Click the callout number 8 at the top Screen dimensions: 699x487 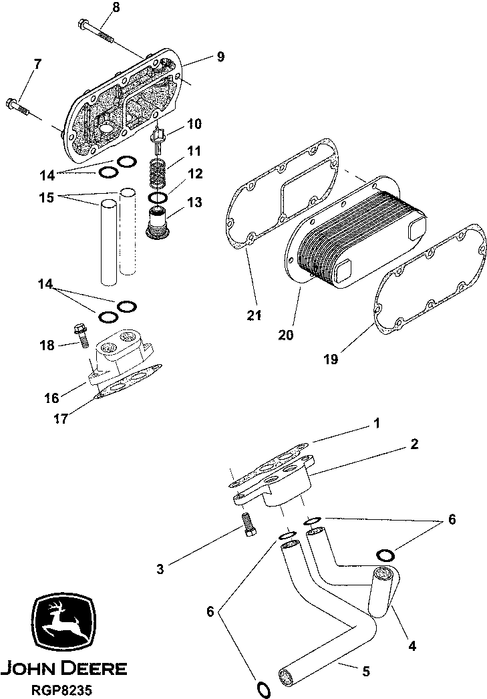click(x=116, y=8)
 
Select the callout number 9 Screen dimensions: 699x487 click(x=220, y=57)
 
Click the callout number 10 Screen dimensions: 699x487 click(x=194, y=124)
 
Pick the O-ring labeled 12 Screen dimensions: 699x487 click(x=159, y=198)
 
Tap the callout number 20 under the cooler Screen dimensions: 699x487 click(x=285, y=335)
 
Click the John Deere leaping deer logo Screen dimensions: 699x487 click(x=64, y=623)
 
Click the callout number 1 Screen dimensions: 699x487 click(x=377, y=423)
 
